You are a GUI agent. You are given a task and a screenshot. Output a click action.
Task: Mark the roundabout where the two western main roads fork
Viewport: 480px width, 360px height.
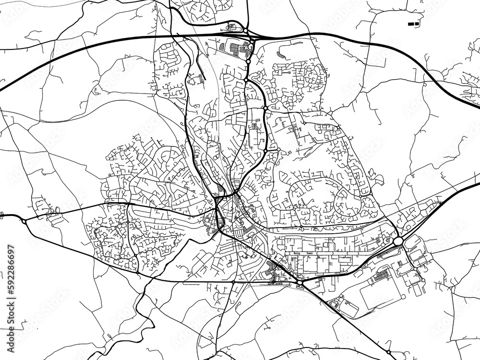coord(24,221)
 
